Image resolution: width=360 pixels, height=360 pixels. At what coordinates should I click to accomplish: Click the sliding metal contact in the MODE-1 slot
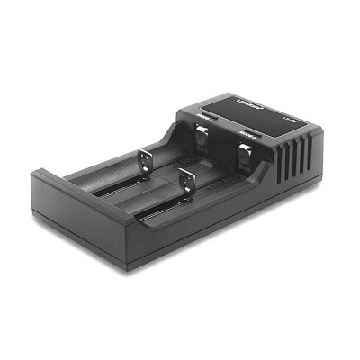(x=145, y=163)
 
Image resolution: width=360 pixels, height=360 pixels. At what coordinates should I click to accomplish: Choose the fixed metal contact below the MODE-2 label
(x=245, y=156)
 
